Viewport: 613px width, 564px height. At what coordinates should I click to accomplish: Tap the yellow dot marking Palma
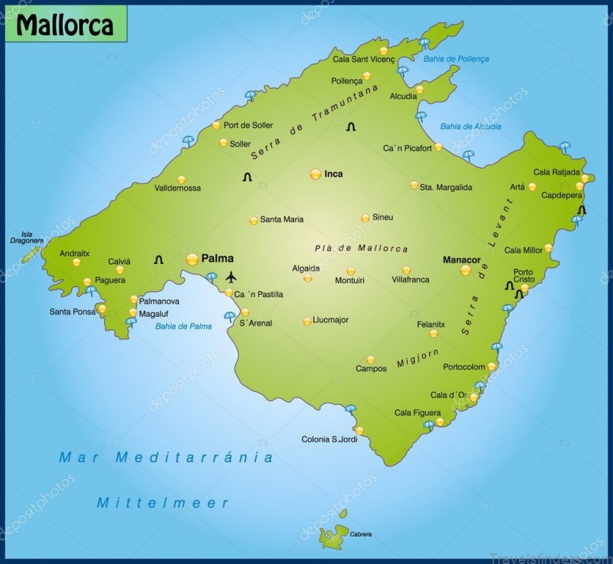tap(192, 259)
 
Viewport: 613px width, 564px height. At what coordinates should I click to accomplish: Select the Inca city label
tap(333, 174)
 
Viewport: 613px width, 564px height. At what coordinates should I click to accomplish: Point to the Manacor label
tap(461, 260)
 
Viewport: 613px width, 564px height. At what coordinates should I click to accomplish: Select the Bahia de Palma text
tap(183, 326)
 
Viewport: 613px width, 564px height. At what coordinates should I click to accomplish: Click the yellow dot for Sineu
tap(366, 218)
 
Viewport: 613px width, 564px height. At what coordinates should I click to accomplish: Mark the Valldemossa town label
tap(177, 187)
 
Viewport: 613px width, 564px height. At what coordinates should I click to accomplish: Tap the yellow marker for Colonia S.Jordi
tap(359, 430)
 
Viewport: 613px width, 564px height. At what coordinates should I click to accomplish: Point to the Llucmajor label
tap(331, 320)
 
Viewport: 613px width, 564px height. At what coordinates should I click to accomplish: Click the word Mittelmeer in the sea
tap(162, 503)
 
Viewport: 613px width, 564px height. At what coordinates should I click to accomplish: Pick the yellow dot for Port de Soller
tap(216, 125)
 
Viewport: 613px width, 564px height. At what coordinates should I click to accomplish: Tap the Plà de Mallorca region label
tap(361, 249)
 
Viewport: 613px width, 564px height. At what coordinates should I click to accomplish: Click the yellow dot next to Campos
tap(371, 360)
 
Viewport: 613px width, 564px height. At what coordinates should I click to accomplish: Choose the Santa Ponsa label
tap(73, 311)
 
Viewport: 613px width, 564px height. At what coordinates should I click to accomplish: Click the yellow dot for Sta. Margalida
tap(414, 185)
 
